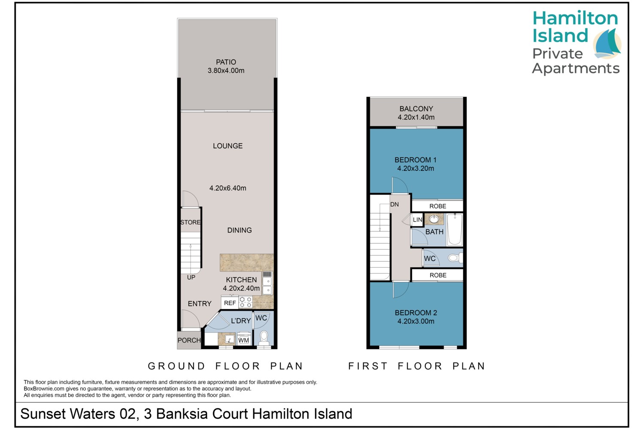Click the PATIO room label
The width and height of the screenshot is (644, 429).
(x=226, y=62)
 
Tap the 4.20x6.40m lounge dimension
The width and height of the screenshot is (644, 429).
(x=228, y=188)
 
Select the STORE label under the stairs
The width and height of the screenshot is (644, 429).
(x=190, y=222)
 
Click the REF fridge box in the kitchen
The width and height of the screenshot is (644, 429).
(x=230, y=303)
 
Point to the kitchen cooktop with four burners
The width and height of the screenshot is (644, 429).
(x=246, y=302)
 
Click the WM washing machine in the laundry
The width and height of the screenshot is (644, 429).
(x=243, y=339)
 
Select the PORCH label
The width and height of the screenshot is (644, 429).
(x=189, y=341)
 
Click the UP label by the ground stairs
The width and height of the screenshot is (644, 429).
(x=191, y=278)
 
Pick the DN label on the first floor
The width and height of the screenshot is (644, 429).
(x=395, y=205)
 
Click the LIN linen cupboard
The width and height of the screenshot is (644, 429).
(x=417, y=220)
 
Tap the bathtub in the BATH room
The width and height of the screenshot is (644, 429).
(x=455, y=229)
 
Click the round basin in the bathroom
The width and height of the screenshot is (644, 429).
(x=434, y=219)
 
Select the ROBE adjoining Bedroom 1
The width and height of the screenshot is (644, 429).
(x=437, y=206)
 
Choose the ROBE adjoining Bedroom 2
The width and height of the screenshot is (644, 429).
(x=438, y=275)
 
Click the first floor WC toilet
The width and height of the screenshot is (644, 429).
(x=455, y=258)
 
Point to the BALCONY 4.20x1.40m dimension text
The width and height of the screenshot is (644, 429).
(x=416, y=117)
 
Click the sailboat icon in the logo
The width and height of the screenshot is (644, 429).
(x=608, y=44)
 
